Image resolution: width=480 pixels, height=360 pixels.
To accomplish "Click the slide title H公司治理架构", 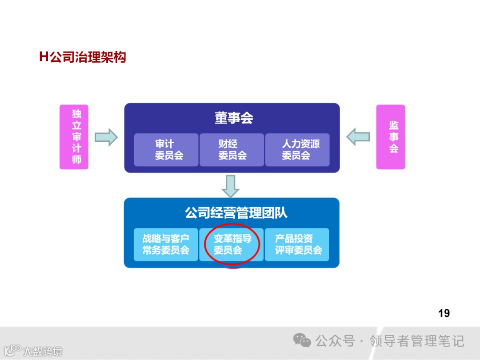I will [83, 57].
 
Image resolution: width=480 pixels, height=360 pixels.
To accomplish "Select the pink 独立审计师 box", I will [74, 137].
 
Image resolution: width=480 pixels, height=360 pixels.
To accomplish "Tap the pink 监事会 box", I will [390, 137].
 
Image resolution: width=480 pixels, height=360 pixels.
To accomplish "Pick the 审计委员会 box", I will [166, 150].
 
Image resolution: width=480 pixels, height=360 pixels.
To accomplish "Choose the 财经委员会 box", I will [232, 150].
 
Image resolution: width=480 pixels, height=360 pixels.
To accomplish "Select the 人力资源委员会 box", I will [297, 150].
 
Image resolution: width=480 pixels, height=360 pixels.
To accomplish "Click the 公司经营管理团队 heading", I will [236, 213].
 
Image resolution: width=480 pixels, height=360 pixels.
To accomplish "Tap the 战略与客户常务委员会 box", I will [166, 244].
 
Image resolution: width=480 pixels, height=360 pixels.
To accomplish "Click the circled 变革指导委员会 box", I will [232, 244].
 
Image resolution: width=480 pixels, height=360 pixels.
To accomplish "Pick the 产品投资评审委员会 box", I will [297, 244].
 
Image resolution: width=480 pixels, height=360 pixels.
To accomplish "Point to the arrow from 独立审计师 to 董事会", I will [106, 137].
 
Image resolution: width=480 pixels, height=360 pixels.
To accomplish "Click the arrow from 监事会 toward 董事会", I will [358, 137].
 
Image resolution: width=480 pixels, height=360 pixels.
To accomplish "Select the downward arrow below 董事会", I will [231, 186].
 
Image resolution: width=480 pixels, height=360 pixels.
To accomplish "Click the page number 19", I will [444, 313].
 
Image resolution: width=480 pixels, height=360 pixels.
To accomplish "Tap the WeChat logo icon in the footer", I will [302, 341].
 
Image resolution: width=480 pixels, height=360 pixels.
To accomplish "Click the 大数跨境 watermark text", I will [43, 352].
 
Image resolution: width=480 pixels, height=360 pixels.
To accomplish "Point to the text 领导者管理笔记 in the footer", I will [417, 341].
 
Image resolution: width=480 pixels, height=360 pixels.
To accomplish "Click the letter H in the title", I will [44, 57].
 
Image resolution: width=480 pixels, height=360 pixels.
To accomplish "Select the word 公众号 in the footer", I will [335, 341].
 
